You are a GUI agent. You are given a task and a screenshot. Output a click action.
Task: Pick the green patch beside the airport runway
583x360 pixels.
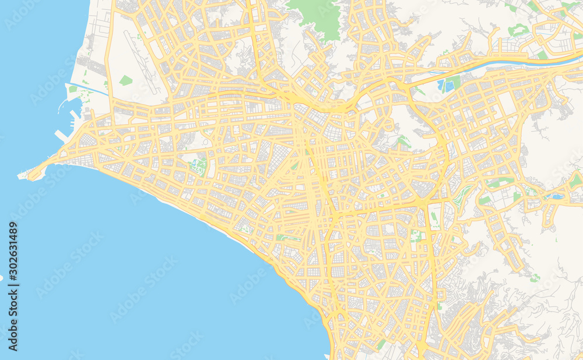click(x=126, y=80)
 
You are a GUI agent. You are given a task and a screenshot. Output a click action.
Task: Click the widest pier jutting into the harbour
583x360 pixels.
click(x=61, y=135)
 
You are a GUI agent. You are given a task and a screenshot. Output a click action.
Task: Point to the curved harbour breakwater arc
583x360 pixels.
click(x=61, y=105)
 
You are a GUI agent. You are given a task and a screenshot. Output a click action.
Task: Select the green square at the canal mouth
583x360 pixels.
click(x=73, y=90)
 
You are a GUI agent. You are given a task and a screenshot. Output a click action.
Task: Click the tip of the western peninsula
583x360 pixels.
click(x=22, y=174)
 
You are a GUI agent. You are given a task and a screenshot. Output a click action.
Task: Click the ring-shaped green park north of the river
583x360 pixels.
click(x=518, y=29)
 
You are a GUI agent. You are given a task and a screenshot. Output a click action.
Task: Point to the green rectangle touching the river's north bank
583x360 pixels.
click(x=542, y=55)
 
